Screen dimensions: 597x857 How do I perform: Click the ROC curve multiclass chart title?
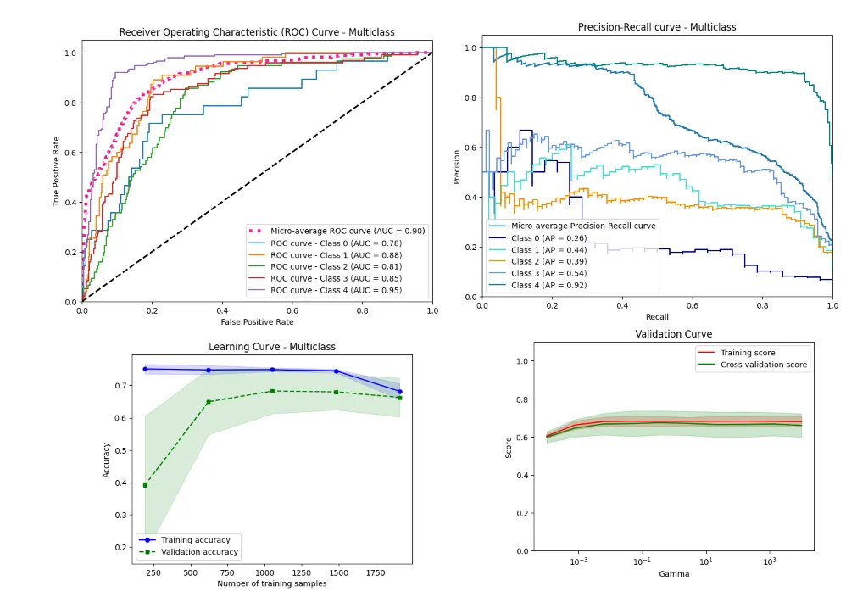pyautogui.click(x=256, y=32)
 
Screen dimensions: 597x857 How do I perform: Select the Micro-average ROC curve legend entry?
pyautogui.click(x=348, y=231)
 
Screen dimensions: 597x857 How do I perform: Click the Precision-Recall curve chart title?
pyautogui.click(x=657, y=27)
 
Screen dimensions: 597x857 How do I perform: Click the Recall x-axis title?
pyautogui.click(x=657, y=316)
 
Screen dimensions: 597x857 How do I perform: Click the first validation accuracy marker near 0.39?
pyautogui.click(x=146, y=485)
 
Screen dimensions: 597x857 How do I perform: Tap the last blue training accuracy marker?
pyautogui.click(x=399, y=392)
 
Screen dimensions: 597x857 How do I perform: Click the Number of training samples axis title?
pyautogui.click(x=272, y=583)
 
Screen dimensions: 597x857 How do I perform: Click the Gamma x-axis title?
pyautogui.click(x=674, y=574)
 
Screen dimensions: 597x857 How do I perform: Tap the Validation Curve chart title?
pyautogui.click(x=674, y=334)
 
